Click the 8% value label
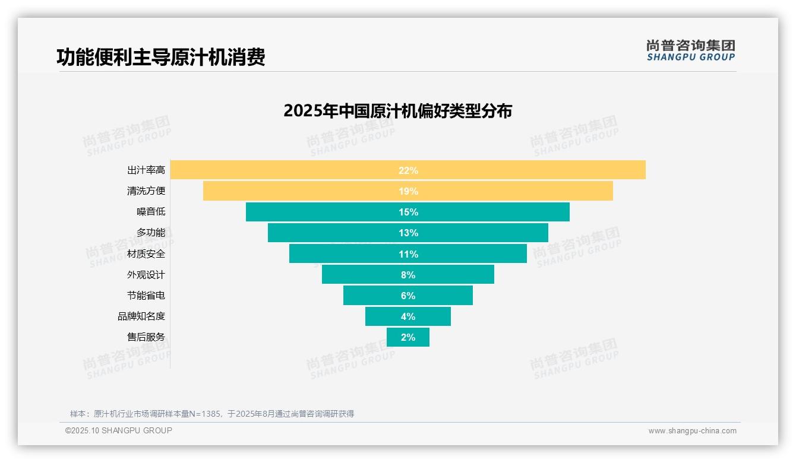pyautogui.click(x=408, y=275)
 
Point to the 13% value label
pyautogui.click(x=408, y=233)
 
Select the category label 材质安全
pyautogui.click(x=146, y=253)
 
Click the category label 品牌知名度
pyautogui.click(x=141, y=316)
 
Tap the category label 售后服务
pyautogui.click(x=146, y=337)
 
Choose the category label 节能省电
pyautogui.click(x=146, y=296)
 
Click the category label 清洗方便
pyautogui.click(x=146, y=191)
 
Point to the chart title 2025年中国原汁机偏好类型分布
pyautogui.click(x=397, y=111)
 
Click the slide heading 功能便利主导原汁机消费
pyautogui.click(x=160, y=57)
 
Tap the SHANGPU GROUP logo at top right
pyautogui.click(x=690, y=50)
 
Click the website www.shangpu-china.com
pyautogui.click(x=692, y=431)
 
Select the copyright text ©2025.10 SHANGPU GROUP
pyautogui.click(x=119, y=430)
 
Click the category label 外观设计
pyautogui.click(x=146, y=275)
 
